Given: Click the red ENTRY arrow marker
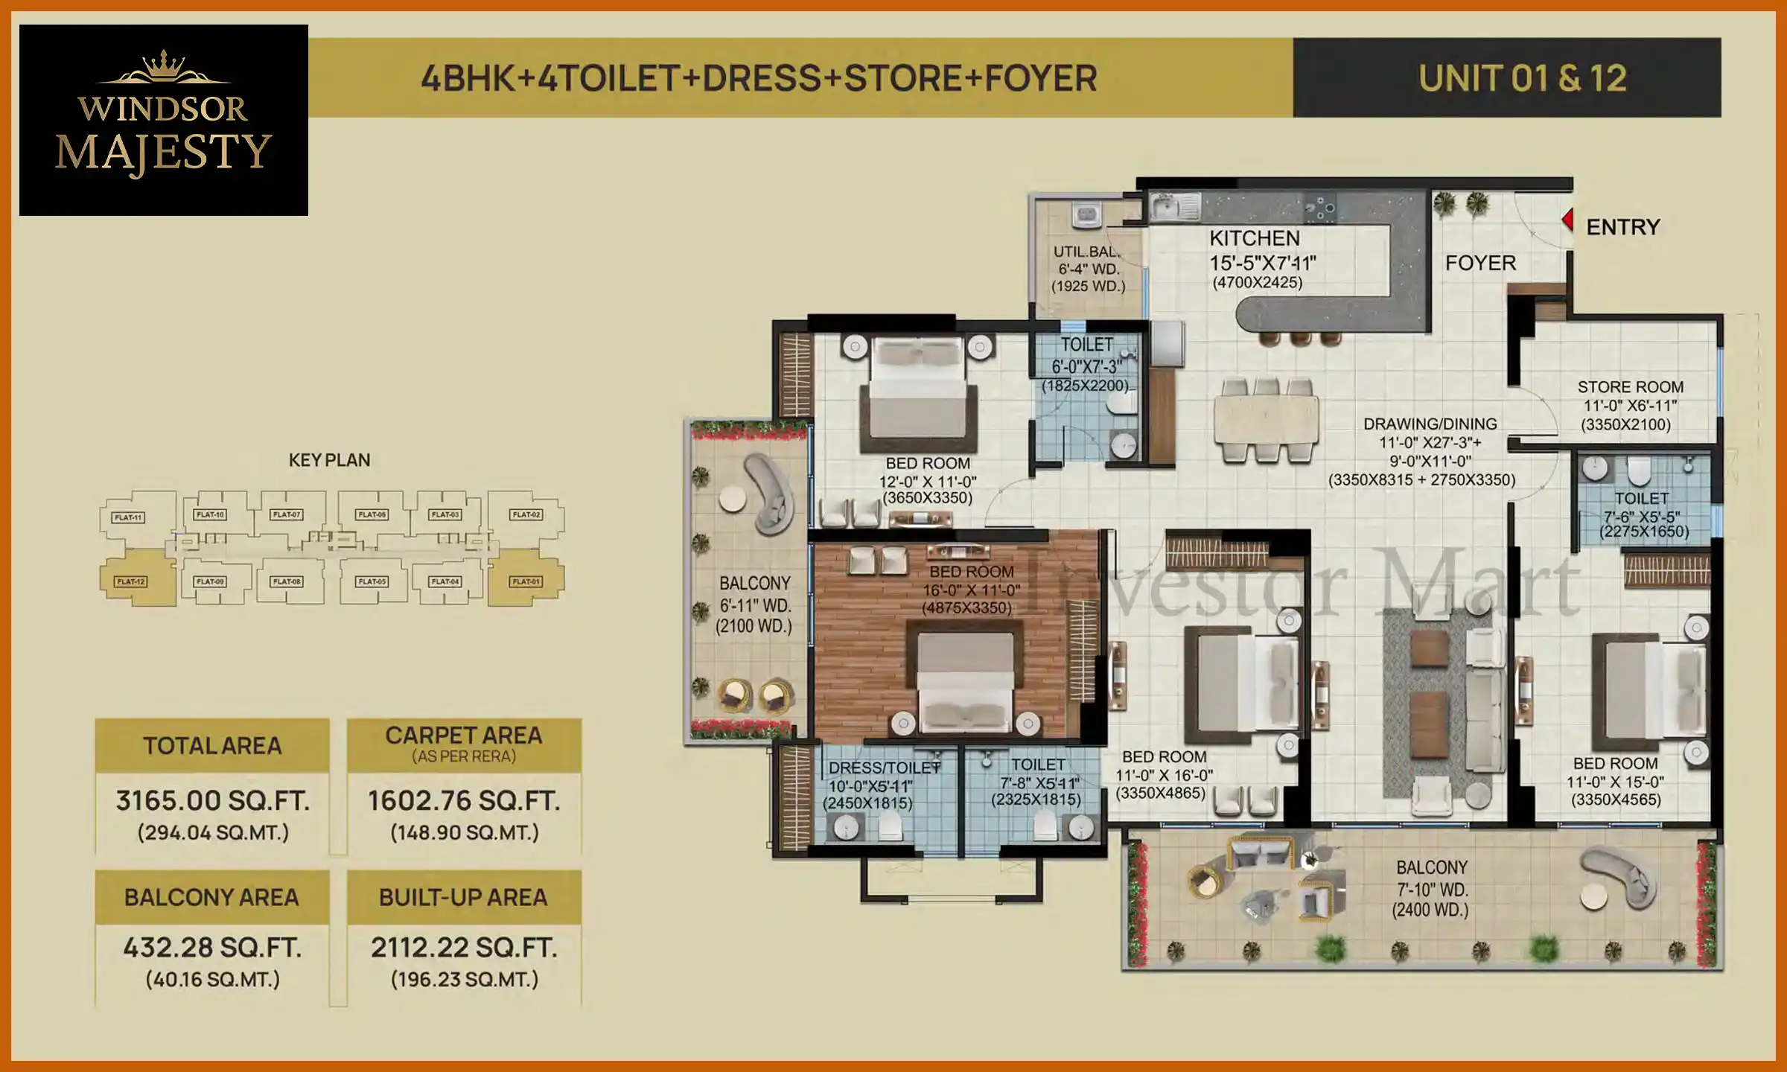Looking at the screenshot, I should pyautogui.click(x=1567, y=220).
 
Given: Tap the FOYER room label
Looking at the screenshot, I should pyautogui.click(x=1480, y=264).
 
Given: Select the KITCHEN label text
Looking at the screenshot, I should pyautogui.click(x=1255, y=239).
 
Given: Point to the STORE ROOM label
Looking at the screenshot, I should pyautogui.click(x=1630, y=387).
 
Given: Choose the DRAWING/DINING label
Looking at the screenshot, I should pyautogui.click(x=1430, y=424).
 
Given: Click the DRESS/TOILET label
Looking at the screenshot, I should pyautogui.click(x=884, y=768).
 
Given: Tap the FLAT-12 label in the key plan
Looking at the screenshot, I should pyautogui.click(x=131, y=581).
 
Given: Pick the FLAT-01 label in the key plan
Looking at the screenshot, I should pyautogui.click(x=526, y=581).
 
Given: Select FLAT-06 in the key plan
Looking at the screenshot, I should pyautogui.click(x=372, y=514).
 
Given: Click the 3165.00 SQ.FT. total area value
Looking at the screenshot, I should pyautogui.click(x=212, y=801).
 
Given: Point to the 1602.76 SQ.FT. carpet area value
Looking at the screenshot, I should pyautogui.click(x=463, y=801).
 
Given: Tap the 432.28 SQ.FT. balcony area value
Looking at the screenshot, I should pyautogui.click(x=212, y=948).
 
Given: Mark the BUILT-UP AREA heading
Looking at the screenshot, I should pyautogui.click(x=463, y=898).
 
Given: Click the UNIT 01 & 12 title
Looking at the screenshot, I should pyautogui.click(x=1522, y=78).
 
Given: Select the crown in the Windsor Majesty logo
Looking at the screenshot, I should pyautogui.click(x=164, y=65).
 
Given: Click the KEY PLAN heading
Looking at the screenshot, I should pyautogui.click(x=329, y=460).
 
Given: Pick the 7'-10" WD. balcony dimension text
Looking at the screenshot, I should pyautogui.click(x=1431, y=890).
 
